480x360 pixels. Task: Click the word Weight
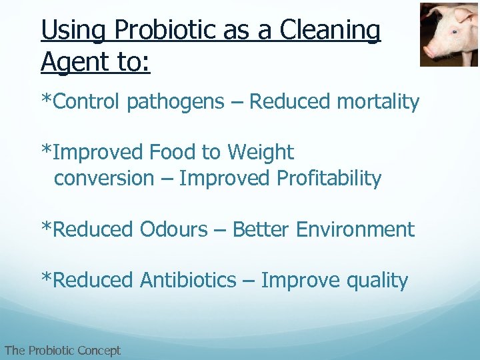260,152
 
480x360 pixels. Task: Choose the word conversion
103,178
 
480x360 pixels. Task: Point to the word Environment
355,229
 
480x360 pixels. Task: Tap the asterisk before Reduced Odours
46,227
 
